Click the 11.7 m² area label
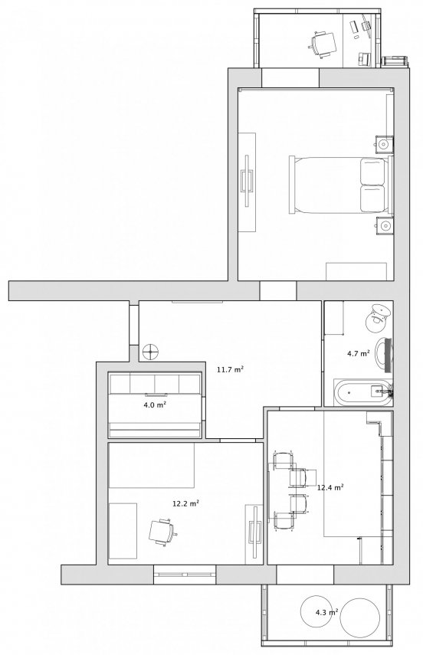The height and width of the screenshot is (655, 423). coord(230,369)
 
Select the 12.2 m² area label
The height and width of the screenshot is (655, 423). coord(185,503)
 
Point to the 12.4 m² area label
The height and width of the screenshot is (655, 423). coord(330,487)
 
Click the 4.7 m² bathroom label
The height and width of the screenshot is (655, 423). coord(358,353)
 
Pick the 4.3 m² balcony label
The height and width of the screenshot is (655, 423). coord(326,612)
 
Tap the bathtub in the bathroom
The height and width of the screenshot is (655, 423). coord(363,393)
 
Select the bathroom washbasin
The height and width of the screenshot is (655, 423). coord(384,355)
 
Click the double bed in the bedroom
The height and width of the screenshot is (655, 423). coord(341,185)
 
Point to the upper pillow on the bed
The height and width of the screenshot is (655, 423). coord(372,172)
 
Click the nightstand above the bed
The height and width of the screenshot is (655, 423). coord(384,145)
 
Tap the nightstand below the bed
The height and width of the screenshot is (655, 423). coord(384,226)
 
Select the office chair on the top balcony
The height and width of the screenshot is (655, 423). coord(323,43)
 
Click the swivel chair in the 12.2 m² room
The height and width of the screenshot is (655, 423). coord(162,532)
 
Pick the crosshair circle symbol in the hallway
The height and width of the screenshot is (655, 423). coord(150,352)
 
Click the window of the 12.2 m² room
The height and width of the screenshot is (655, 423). coord(185,575)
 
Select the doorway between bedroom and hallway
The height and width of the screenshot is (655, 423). coord(278,290)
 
